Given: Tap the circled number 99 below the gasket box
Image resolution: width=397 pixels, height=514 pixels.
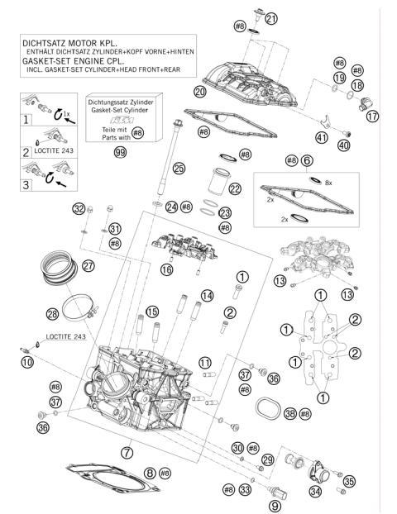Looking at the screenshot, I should click(121, 154).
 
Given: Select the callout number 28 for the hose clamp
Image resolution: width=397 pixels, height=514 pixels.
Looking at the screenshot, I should click(52, 313).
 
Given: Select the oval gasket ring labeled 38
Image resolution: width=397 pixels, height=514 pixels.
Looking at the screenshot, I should click(265, 411).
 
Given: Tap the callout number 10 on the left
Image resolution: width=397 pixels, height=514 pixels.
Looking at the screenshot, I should click(28, 362).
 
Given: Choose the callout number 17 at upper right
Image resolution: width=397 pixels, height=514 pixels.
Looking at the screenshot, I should click(373, 117).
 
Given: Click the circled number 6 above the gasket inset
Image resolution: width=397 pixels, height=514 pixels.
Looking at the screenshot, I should click(307, 160).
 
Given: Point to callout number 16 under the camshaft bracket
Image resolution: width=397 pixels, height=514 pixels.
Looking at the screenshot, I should click(167, 269).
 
